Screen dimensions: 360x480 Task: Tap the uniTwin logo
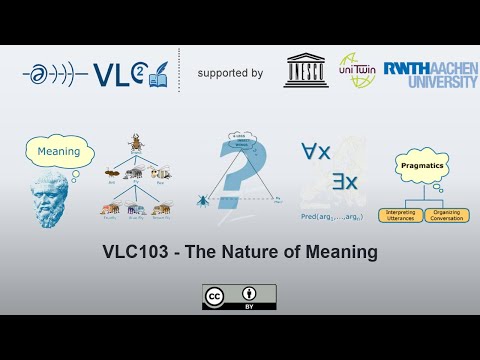357,71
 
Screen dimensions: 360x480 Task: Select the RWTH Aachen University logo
429,71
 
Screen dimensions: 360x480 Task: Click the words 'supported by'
230,73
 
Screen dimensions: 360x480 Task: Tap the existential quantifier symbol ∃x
344,183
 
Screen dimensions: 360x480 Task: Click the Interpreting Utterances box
400,214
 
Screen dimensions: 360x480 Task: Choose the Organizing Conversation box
446,214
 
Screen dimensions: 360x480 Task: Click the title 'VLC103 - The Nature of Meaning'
240,252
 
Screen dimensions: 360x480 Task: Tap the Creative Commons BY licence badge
240,297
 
